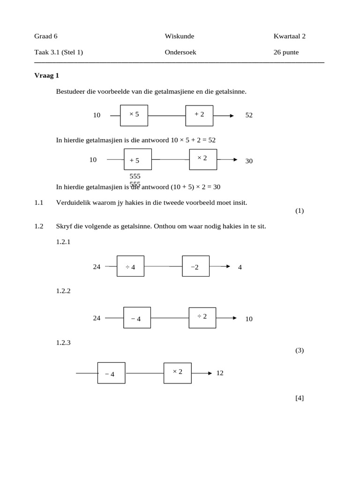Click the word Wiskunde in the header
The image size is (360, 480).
179,36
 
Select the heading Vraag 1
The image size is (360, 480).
46,75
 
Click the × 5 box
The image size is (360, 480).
134,115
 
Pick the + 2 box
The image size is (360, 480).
199,115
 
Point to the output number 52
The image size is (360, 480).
249,115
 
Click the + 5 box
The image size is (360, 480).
138,160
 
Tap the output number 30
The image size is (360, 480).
249,161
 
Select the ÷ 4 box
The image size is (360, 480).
130,267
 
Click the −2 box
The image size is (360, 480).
195,267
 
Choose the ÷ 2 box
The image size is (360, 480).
202,317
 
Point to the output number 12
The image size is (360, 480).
220,373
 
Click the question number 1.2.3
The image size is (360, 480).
63,342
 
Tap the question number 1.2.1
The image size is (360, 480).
63,242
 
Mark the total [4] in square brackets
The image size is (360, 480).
300,398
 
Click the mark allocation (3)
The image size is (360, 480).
300,350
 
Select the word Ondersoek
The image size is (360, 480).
180,52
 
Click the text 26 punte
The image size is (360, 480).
286,52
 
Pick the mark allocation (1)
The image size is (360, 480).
300,210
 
